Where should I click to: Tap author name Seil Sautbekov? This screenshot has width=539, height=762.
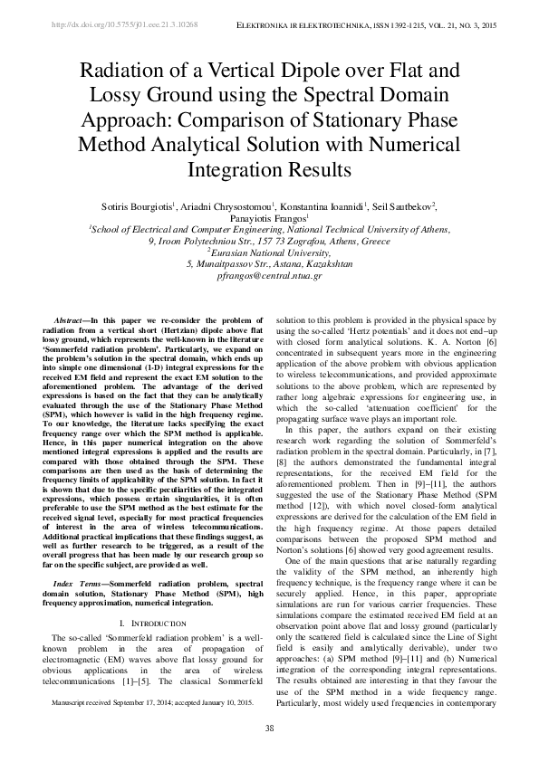pos(401,206)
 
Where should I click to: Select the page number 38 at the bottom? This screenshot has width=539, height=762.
pos(269,729)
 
